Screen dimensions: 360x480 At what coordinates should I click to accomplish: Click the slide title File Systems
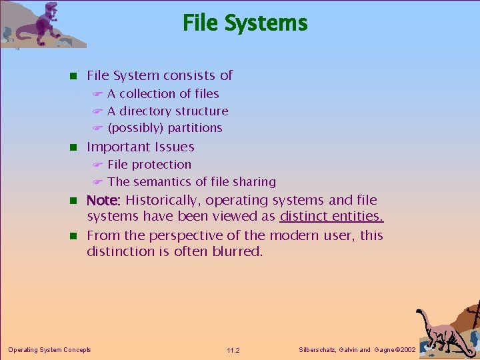(x=245, y=23)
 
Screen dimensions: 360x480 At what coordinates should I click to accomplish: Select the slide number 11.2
(x=233, y=350)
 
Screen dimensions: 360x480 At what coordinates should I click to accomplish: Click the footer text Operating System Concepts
(x=49, y=349)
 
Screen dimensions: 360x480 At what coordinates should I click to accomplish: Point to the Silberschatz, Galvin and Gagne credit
(x=358, y=349)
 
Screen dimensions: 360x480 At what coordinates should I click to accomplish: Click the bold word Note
(x=102, y=200)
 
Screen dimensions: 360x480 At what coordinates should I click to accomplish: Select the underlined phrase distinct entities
(x=331, y=216)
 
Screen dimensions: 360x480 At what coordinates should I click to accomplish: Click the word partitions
(x=195, y=128)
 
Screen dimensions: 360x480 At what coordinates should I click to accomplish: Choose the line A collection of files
(x=163, y=94)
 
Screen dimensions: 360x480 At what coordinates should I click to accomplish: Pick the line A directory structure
(x=167, y=111)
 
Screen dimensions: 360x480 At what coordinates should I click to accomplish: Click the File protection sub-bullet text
(x=149, y=165)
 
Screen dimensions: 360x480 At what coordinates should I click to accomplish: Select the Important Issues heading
(x=140, y=147)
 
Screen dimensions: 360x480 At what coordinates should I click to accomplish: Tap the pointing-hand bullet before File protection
(x=97, y=165)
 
